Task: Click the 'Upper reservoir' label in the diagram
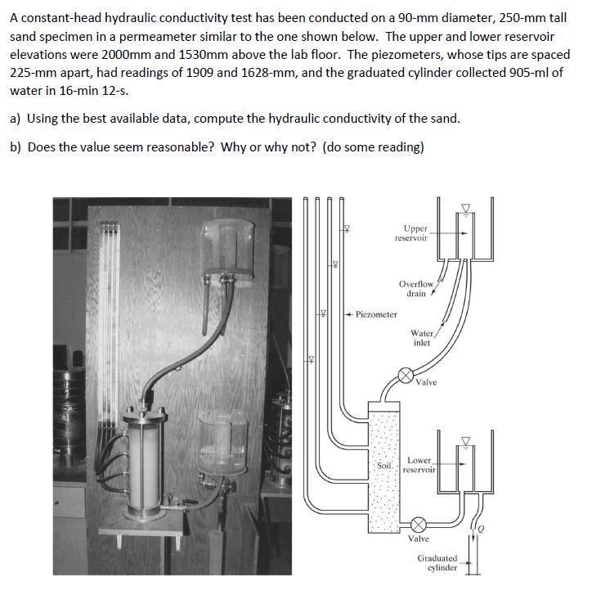click(x=410, y=232)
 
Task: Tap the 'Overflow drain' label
click(x=415, y=288)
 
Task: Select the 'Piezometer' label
click(x=373, y=314)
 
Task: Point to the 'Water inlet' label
click(x=422, y=337)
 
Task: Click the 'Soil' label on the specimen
click(x=385, y=465)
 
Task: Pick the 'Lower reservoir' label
click(x=420, y=466)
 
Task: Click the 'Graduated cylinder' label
click(x=437, y=563)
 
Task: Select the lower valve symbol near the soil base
click(x=417, y=524)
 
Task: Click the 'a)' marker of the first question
click(x=16, y=118)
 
